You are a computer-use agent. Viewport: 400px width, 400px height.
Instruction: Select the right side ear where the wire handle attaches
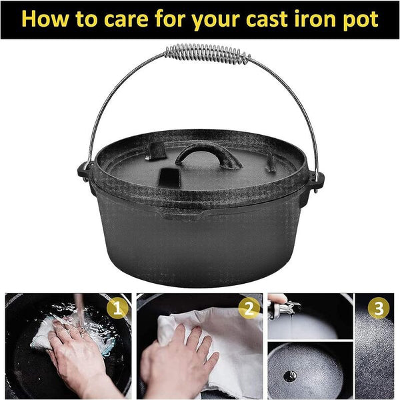point(316,179)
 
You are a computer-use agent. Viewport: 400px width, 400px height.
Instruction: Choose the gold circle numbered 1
point(118,309)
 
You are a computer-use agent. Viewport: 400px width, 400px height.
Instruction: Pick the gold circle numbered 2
point(249,309)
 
